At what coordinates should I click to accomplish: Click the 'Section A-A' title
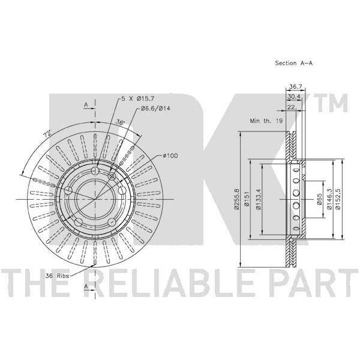(x=294, y=62)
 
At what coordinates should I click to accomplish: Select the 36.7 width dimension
(x=294, y=87)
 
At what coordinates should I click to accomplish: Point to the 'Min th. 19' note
(x=266, y=121)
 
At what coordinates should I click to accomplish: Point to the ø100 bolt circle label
(x=170, y=157)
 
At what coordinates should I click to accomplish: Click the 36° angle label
(x=120, y=123)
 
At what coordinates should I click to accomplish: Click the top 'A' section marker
(x=86, y=104)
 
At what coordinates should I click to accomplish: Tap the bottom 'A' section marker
(x=86, y=287)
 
